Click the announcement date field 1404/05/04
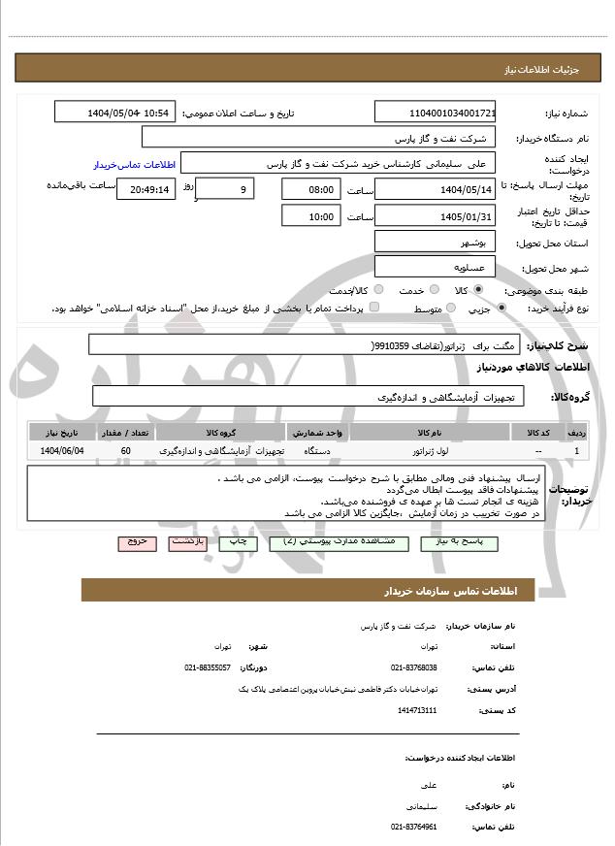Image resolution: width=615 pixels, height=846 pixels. (114, 113)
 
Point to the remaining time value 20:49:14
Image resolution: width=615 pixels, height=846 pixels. (146, 189)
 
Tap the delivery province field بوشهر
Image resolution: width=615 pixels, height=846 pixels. (435, 242)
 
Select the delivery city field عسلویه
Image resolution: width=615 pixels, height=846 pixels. (435, 267)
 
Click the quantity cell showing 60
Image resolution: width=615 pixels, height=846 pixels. (126, 451)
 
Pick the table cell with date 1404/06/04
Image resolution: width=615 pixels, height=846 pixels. (63, 451)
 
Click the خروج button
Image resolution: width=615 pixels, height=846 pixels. (136, 541)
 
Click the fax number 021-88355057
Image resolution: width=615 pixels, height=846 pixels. (208, 667)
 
